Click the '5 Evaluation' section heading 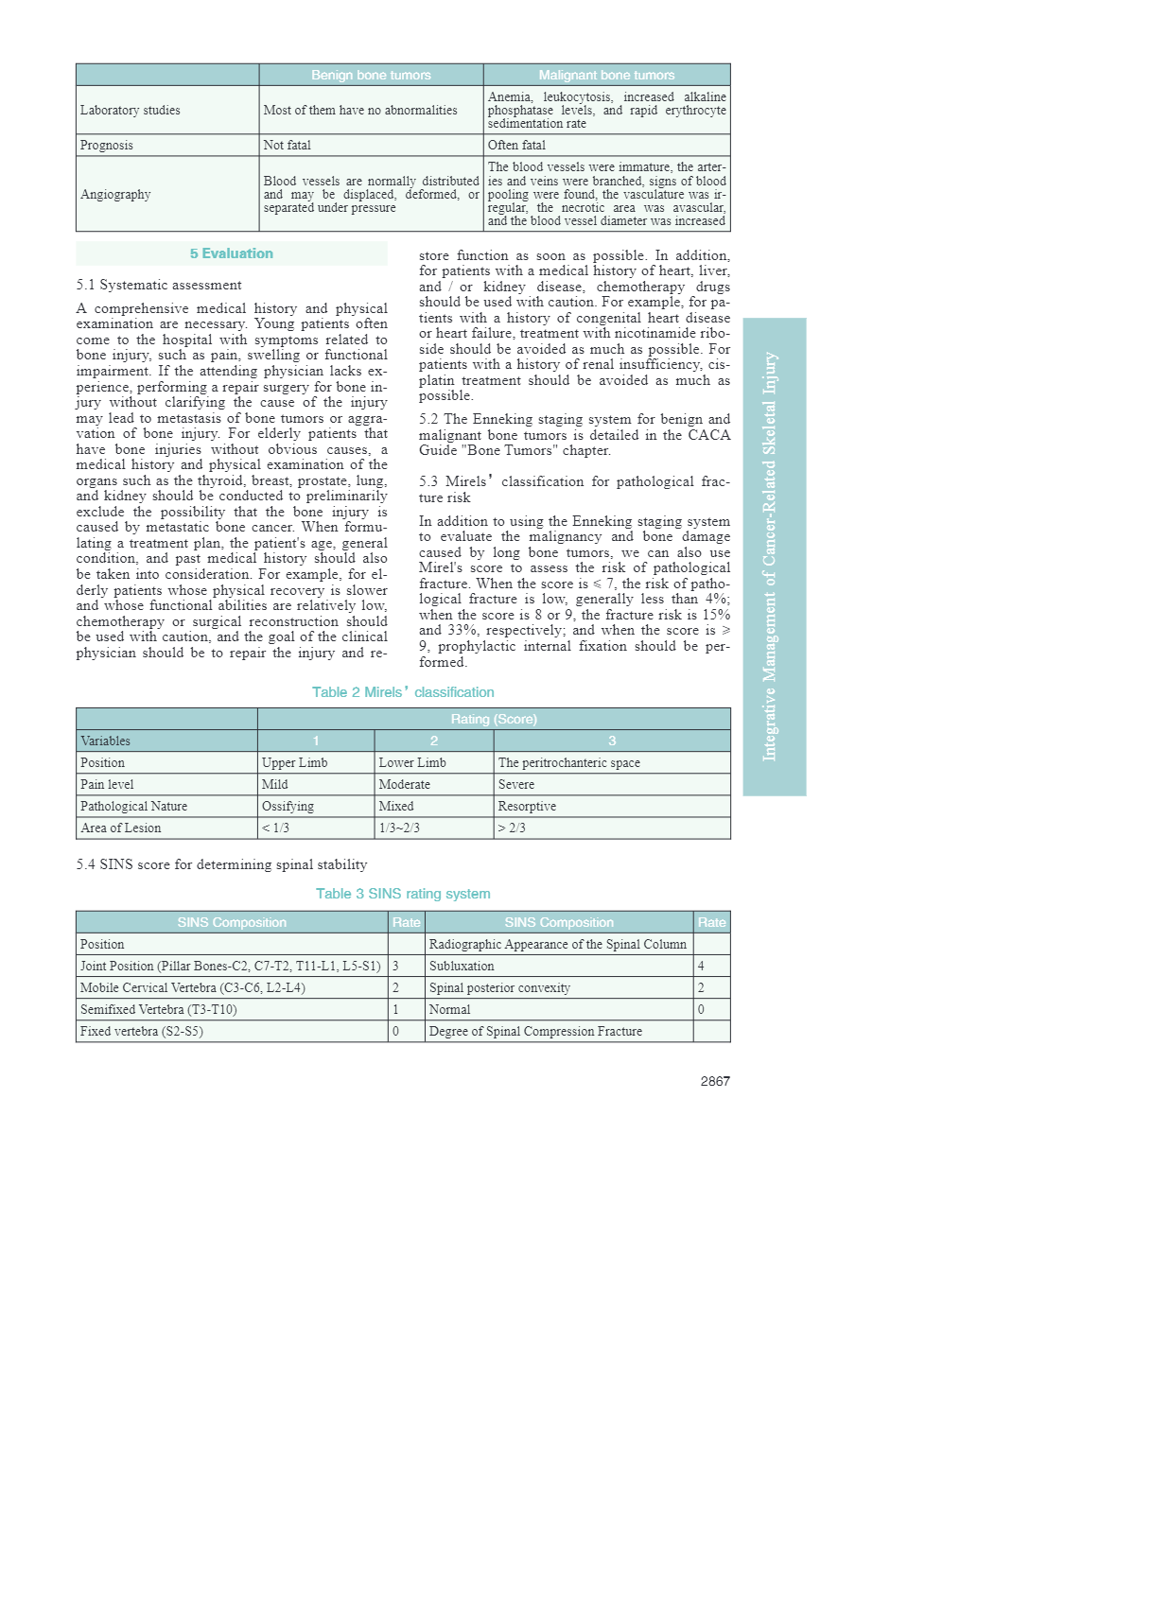[232, 253]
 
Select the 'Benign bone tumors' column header [371, 75]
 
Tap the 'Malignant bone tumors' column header [606, 75]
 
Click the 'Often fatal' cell [516, 145]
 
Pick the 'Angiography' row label [115, 194]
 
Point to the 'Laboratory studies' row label [130, 110]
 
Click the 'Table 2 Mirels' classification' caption [403, 692]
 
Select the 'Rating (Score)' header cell [494, 719]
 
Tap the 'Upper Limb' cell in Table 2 [295, 762]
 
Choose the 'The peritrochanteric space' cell [569, 762]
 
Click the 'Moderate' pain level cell [405, 784]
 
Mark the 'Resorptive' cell [527, 806]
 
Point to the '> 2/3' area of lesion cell [512, 828]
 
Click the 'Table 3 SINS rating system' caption [403, 894]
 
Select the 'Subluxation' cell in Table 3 [462, 966]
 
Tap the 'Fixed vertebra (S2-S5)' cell [142, 1031]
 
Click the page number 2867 [715, 1081]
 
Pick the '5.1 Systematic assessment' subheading [159, 285]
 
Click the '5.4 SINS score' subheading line [221, 864]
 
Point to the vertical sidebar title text [771, 556]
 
